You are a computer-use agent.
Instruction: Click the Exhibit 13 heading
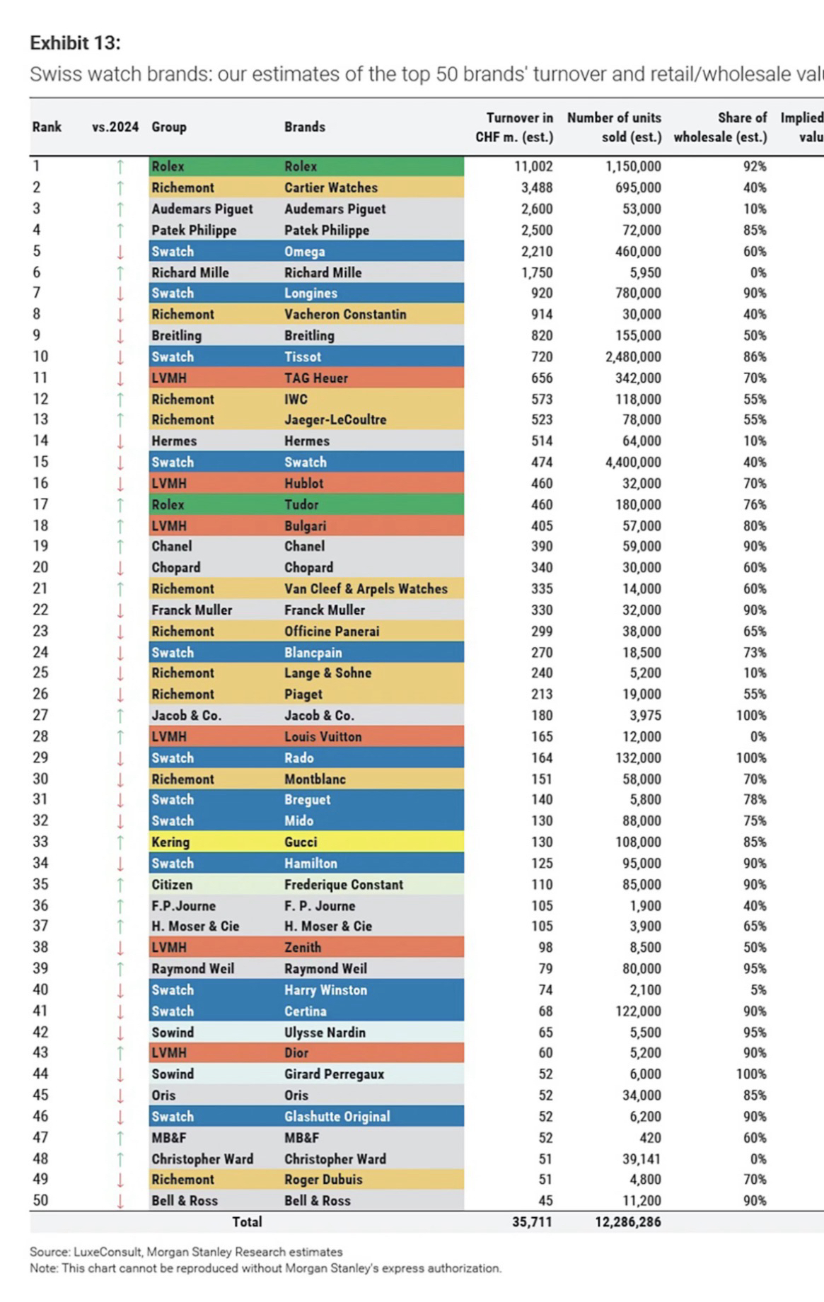75,43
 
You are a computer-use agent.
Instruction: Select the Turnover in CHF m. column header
514,127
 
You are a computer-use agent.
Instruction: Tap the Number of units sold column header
614,127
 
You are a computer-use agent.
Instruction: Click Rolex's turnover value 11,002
533,166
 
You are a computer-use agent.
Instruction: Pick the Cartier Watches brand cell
331,187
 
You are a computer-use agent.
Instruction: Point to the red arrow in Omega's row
120,251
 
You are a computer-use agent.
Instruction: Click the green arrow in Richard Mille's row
120,272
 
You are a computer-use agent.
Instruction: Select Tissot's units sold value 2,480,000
632,356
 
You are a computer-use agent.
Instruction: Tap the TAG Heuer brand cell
316,378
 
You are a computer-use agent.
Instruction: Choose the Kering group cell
170,842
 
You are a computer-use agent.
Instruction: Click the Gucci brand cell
301,842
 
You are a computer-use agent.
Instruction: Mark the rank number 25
40,673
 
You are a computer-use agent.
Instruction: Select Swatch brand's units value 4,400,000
632,462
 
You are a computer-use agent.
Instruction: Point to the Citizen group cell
172,884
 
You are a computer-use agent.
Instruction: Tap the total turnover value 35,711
532,1221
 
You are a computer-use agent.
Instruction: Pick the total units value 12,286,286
627,1221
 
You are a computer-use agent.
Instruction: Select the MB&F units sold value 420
649,1137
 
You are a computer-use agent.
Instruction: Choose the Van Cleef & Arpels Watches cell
366,588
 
